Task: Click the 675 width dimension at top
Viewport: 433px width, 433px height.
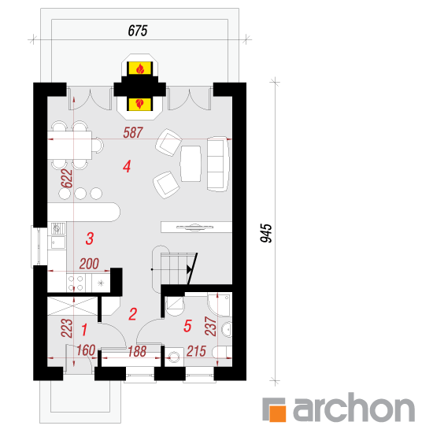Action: (138, 31)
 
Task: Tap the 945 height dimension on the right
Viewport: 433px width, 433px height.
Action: (266, 233)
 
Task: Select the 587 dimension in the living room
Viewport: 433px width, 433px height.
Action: (133, 133)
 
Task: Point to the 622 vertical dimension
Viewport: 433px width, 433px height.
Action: (67, 179)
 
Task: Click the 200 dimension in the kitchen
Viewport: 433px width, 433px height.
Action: (89, 264)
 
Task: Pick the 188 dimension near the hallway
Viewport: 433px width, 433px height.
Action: (137, 352)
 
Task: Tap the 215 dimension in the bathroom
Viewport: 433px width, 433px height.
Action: (196, 351)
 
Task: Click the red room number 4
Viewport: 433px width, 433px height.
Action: (127, 167)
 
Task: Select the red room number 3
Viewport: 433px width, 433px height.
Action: (90, 239)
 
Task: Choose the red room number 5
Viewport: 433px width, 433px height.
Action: (187, 326)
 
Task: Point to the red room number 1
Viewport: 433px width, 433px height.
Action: (84, 330)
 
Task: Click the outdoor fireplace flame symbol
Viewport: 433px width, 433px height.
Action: (140, 68)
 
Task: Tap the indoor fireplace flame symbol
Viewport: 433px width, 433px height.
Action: (140, 104)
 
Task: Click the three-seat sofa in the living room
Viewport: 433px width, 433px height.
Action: (218, 164)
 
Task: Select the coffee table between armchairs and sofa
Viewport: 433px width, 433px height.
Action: (191, 164)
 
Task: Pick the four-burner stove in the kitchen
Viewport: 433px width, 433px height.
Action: (76, 283)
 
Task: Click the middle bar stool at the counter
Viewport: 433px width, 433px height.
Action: (80, 194)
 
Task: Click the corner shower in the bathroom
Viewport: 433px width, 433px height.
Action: (220, 305)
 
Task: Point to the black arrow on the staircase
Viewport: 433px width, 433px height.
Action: (189, 269)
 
